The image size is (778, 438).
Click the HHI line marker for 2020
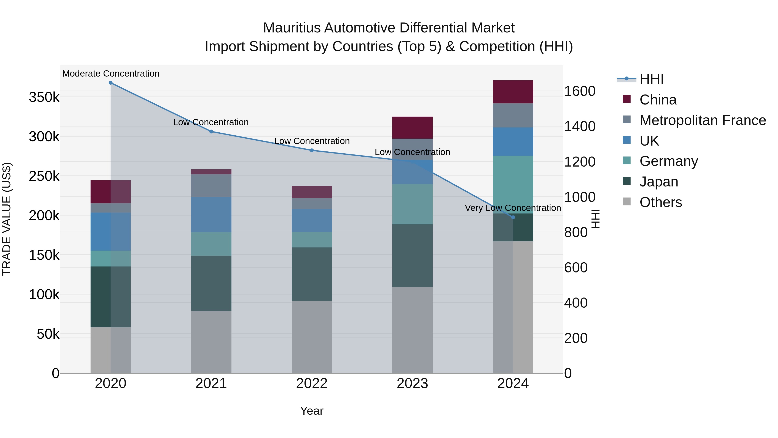(110, 83)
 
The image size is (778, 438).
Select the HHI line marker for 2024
(513, 217)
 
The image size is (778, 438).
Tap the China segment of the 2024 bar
(513, 92)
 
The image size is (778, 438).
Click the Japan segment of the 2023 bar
(412, 256)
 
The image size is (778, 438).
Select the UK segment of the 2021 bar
(211, 215)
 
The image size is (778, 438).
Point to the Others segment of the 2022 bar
(312, 337)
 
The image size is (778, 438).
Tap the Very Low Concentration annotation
(513, 208)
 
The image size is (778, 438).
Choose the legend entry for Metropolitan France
(703, 120)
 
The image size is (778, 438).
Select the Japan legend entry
(659, 182)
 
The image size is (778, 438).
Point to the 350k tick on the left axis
(44, 98)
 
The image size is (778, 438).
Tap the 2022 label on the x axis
(312, 383)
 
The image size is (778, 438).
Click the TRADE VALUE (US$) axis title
(7, 219)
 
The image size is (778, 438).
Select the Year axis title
(312, 411)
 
